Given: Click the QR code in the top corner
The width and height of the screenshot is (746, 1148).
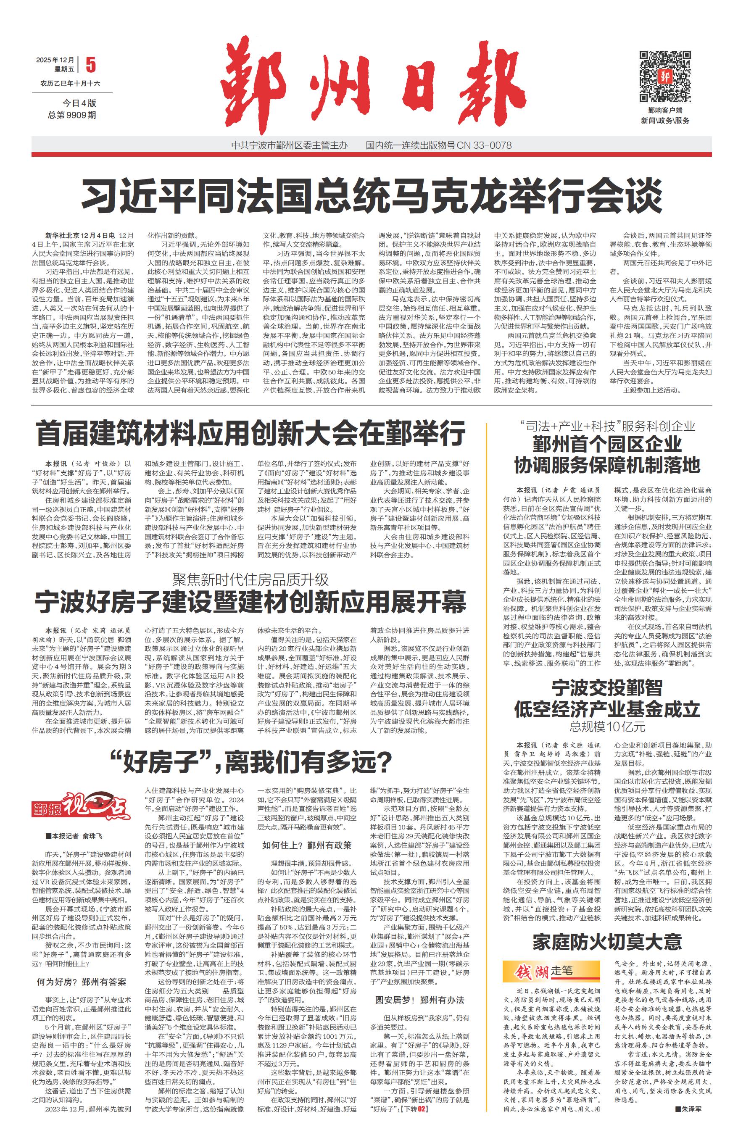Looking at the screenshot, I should pyautogui.click(x=665, y=76).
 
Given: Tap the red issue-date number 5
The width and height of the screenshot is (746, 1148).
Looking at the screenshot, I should pyautogui.click(x=90, y=65).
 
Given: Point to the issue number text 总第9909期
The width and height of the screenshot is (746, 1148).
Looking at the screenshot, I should pyautogui.click(x=72, y=115).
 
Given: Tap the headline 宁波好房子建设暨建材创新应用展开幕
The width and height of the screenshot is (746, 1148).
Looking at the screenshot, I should pyautogui.click(x=251, y=601).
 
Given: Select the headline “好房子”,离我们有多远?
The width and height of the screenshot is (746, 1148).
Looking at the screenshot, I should pyautogui.click(x=251, y=762).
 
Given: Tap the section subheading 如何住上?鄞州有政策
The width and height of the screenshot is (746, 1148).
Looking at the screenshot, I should pyautogui.click(x=307, y=845).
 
